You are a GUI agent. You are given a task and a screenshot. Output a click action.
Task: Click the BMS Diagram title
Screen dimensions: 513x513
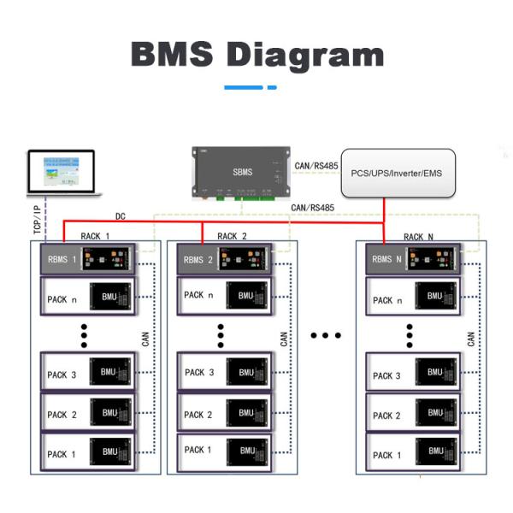256,54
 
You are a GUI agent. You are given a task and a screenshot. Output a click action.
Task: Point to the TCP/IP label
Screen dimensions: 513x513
38,219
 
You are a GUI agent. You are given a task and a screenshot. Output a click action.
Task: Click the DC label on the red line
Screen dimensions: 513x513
122,217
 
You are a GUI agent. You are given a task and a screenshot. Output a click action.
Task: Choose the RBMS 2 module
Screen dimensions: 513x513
225,259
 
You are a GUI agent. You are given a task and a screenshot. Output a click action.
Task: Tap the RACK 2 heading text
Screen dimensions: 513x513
232,236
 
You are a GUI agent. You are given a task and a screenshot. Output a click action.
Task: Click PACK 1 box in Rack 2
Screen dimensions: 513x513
225,450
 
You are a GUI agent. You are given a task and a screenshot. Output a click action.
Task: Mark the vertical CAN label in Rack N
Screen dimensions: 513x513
471,339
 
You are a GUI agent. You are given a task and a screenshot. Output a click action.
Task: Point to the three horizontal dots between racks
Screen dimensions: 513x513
325,334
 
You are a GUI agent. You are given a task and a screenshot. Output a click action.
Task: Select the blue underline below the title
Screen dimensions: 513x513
250,87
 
